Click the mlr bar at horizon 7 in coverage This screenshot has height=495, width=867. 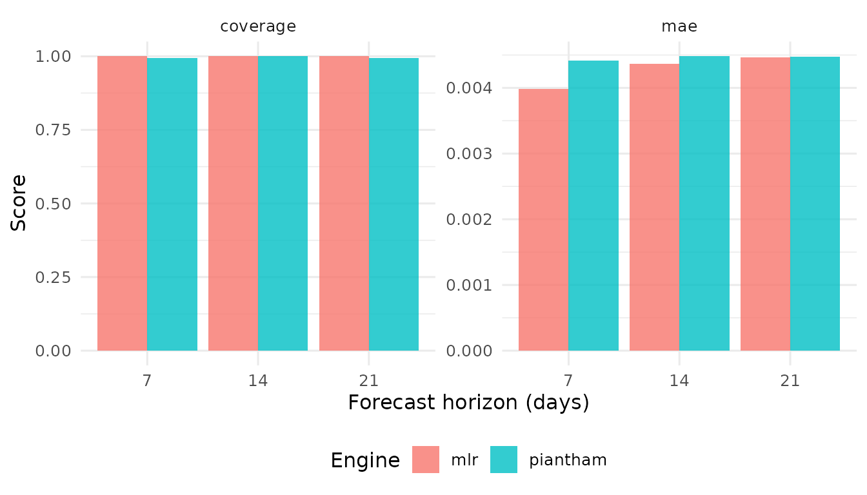coord(122,203)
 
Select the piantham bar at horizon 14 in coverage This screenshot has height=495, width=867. coord(283,203)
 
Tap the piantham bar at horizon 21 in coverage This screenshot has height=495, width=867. coord(394,204)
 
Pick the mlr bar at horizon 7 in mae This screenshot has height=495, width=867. coord(543,220)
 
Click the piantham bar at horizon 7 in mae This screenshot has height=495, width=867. coord(593,206)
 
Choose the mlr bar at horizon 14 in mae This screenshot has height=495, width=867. coord(654,207)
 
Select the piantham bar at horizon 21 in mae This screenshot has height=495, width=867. coord(815,204)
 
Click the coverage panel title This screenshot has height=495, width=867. coord(258,26)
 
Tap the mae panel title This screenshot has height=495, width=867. coord(679,26)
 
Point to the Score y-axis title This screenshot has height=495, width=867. coord(19,202)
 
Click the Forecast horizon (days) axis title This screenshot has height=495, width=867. coord(468,403)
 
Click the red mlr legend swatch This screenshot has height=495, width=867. coord(426,460)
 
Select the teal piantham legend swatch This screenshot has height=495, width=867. coord(504,460)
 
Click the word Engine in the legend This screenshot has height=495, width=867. coord(365,460)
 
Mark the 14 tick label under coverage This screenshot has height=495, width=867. coord(258,381)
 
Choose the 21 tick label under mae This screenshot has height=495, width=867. coord(790,381)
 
